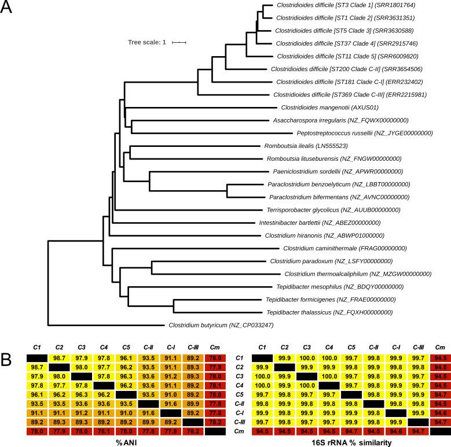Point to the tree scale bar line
point(179,42)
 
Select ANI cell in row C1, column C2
point(37,359)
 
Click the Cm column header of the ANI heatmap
point(199,347)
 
